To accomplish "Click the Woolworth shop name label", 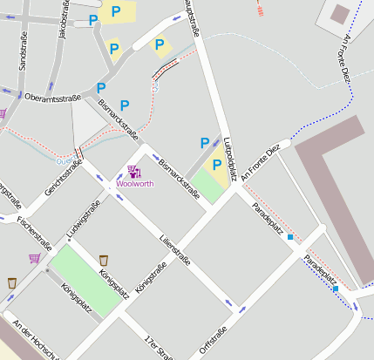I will (x=133, y=185).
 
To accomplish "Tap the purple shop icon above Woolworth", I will (x=133, y=172).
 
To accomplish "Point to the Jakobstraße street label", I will (x=62, y=20).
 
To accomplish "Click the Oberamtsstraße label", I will (x=53, y=97).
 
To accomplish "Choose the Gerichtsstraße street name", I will (x=64, y=179).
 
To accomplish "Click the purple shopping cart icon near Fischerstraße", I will (x=34, y=258).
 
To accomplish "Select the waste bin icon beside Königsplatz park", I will (x=104, y=260).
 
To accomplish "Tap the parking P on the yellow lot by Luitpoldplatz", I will (x=216, y=163).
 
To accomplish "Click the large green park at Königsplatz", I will (x=85, y=279).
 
